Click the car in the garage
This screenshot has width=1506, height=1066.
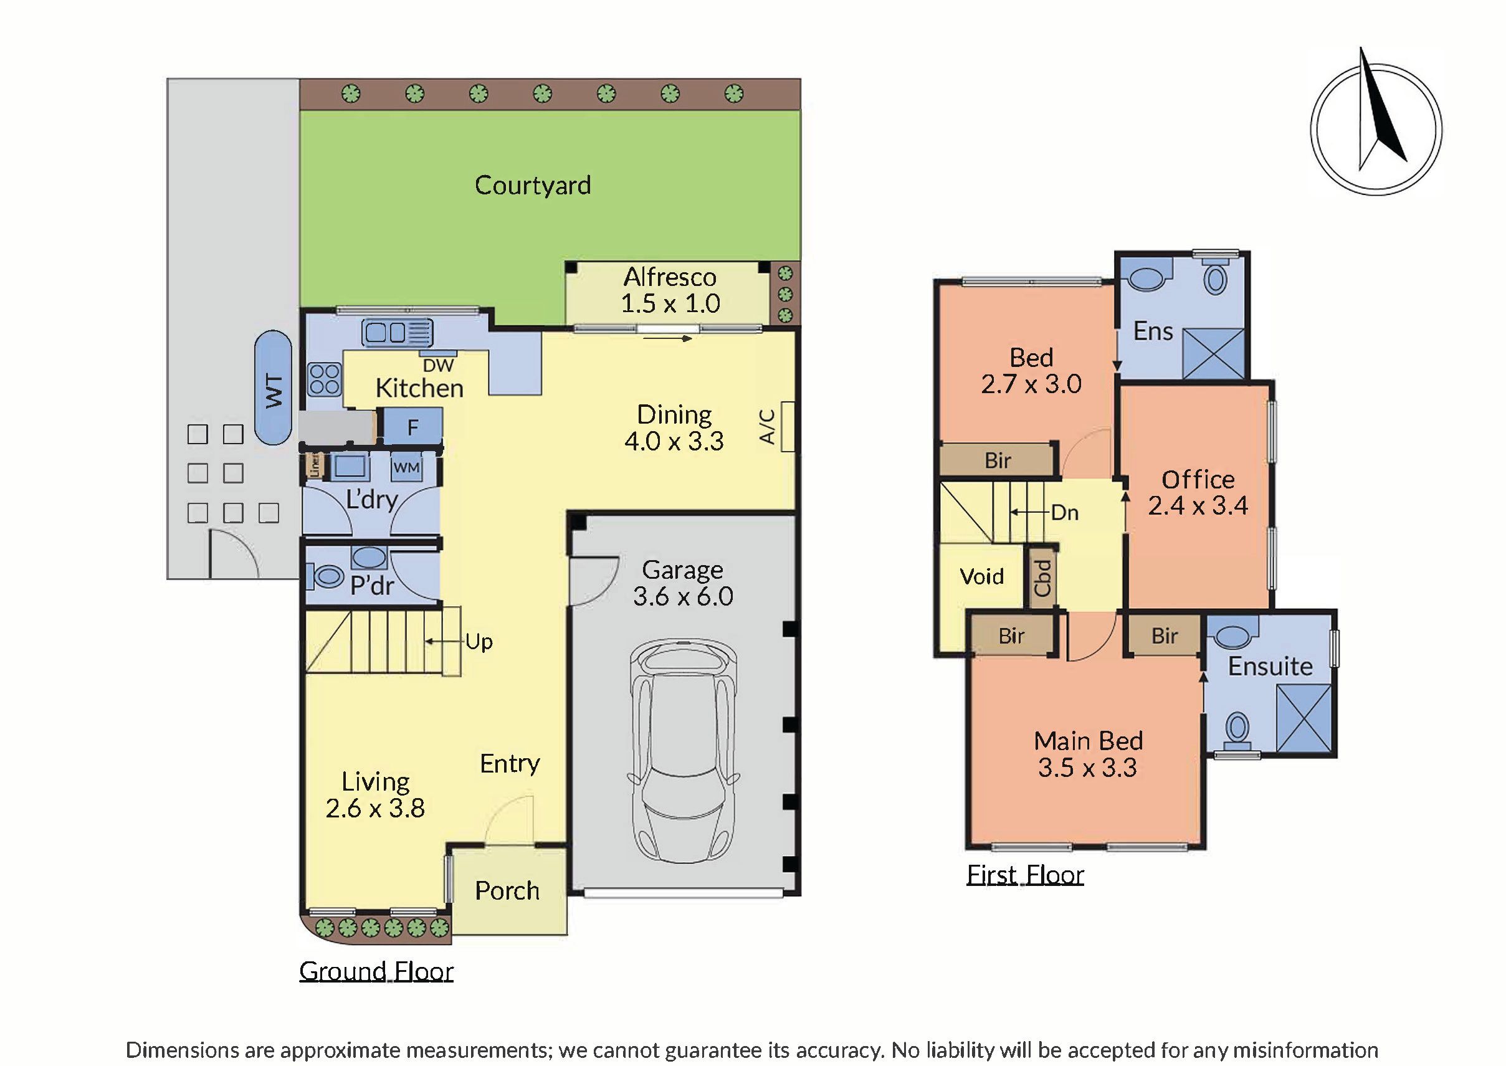click(x=682, y=751)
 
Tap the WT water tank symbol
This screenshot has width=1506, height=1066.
click(x=273, y=388)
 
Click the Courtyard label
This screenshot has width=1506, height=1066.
click(x=532, y=185)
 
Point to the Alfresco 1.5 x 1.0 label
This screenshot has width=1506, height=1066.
click(x=670, y=290)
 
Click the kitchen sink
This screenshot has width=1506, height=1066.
click(x=398, y=332)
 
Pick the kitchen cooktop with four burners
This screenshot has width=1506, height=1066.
click(x=324, y=379)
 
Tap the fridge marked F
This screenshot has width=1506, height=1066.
click(x=412, y=427)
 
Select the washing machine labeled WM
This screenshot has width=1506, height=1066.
click(x=406, y=467)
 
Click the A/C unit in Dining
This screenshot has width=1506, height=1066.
click(x=786, y=427)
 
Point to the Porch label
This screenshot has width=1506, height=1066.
click(x=507, y=891)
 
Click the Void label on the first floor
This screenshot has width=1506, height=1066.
click(x=981, y=576)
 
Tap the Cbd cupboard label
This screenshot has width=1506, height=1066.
click(x=1042, y=578)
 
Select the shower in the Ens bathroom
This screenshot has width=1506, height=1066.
click(x=1213, y=354)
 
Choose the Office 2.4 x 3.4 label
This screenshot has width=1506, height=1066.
click(x=1198, y=492)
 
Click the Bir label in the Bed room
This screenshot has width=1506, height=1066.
click(x=998, y=460)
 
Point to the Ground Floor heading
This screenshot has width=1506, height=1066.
click(x=376, y=971)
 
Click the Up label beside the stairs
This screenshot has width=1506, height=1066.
click(x=479, y=642)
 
